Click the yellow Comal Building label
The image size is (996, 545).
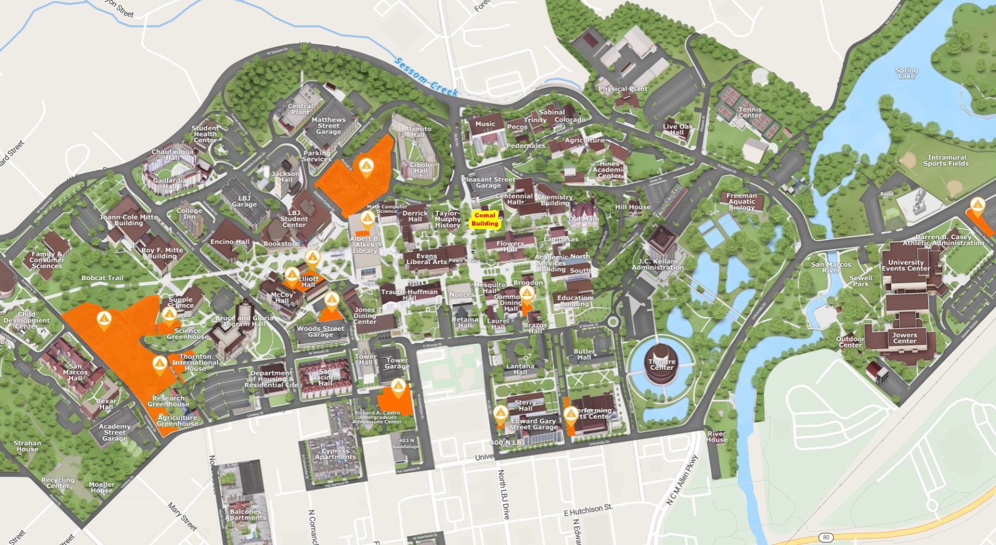[x=485, y=219]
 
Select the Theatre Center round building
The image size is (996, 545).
[x=662, y=364]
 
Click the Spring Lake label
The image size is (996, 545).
[x=906, y=73]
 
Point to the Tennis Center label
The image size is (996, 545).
[x=749, y=112]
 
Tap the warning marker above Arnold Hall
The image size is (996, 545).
[x=366, y=167]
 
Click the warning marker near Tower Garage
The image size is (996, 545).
[x=398, y=386]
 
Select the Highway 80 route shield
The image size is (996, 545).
[x=826, y=537]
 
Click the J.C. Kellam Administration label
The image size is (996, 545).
[x=658, y=265]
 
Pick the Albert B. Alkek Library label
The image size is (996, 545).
[x=365, y=245]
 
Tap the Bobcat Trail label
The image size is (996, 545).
[x=102, y=278]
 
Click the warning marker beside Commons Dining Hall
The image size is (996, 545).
[x=527, y=293]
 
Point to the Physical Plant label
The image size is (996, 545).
[x=623, y=89]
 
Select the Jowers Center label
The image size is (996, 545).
[x=904, y=338]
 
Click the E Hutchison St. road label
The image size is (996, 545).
[x=588, y=511]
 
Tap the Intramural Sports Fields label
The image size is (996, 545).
[x=946, y=161]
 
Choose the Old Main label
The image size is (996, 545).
[x=583, y=219]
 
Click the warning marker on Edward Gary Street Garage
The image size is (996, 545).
[x=501, y=414]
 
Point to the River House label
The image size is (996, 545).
[x=716, y=437]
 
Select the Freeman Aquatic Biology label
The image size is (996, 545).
[x=741, y=201]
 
